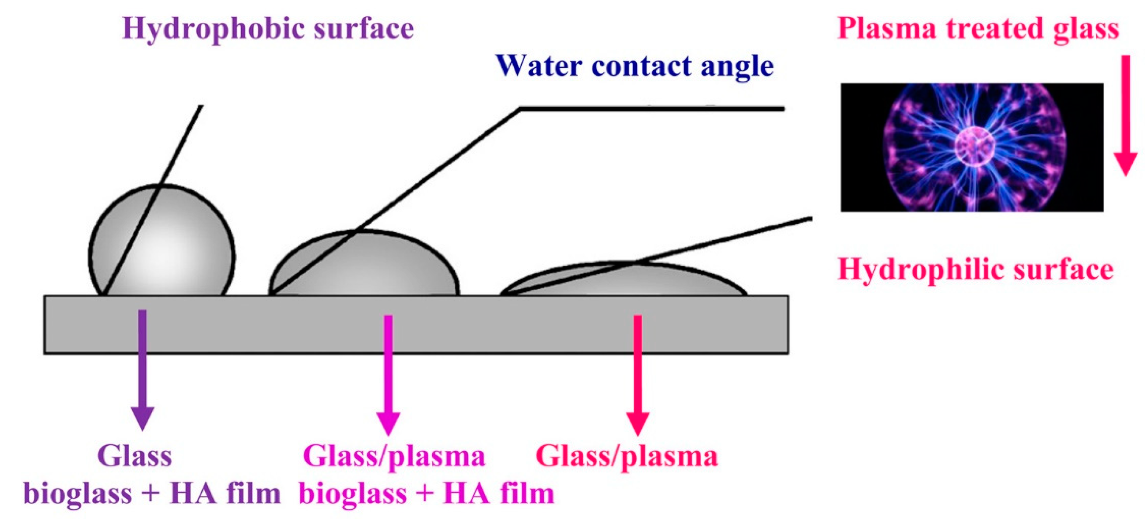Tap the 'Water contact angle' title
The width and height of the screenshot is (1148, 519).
635,66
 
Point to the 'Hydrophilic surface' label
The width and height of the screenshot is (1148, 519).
976,269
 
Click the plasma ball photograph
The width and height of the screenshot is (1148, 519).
971,147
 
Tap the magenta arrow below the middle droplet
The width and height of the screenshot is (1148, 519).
388,374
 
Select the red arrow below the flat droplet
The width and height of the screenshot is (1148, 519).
638,374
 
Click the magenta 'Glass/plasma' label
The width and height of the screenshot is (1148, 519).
394,457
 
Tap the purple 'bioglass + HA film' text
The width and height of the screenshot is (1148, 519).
152,493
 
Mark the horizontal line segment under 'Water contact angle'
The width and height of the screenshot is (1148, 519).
651,108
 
